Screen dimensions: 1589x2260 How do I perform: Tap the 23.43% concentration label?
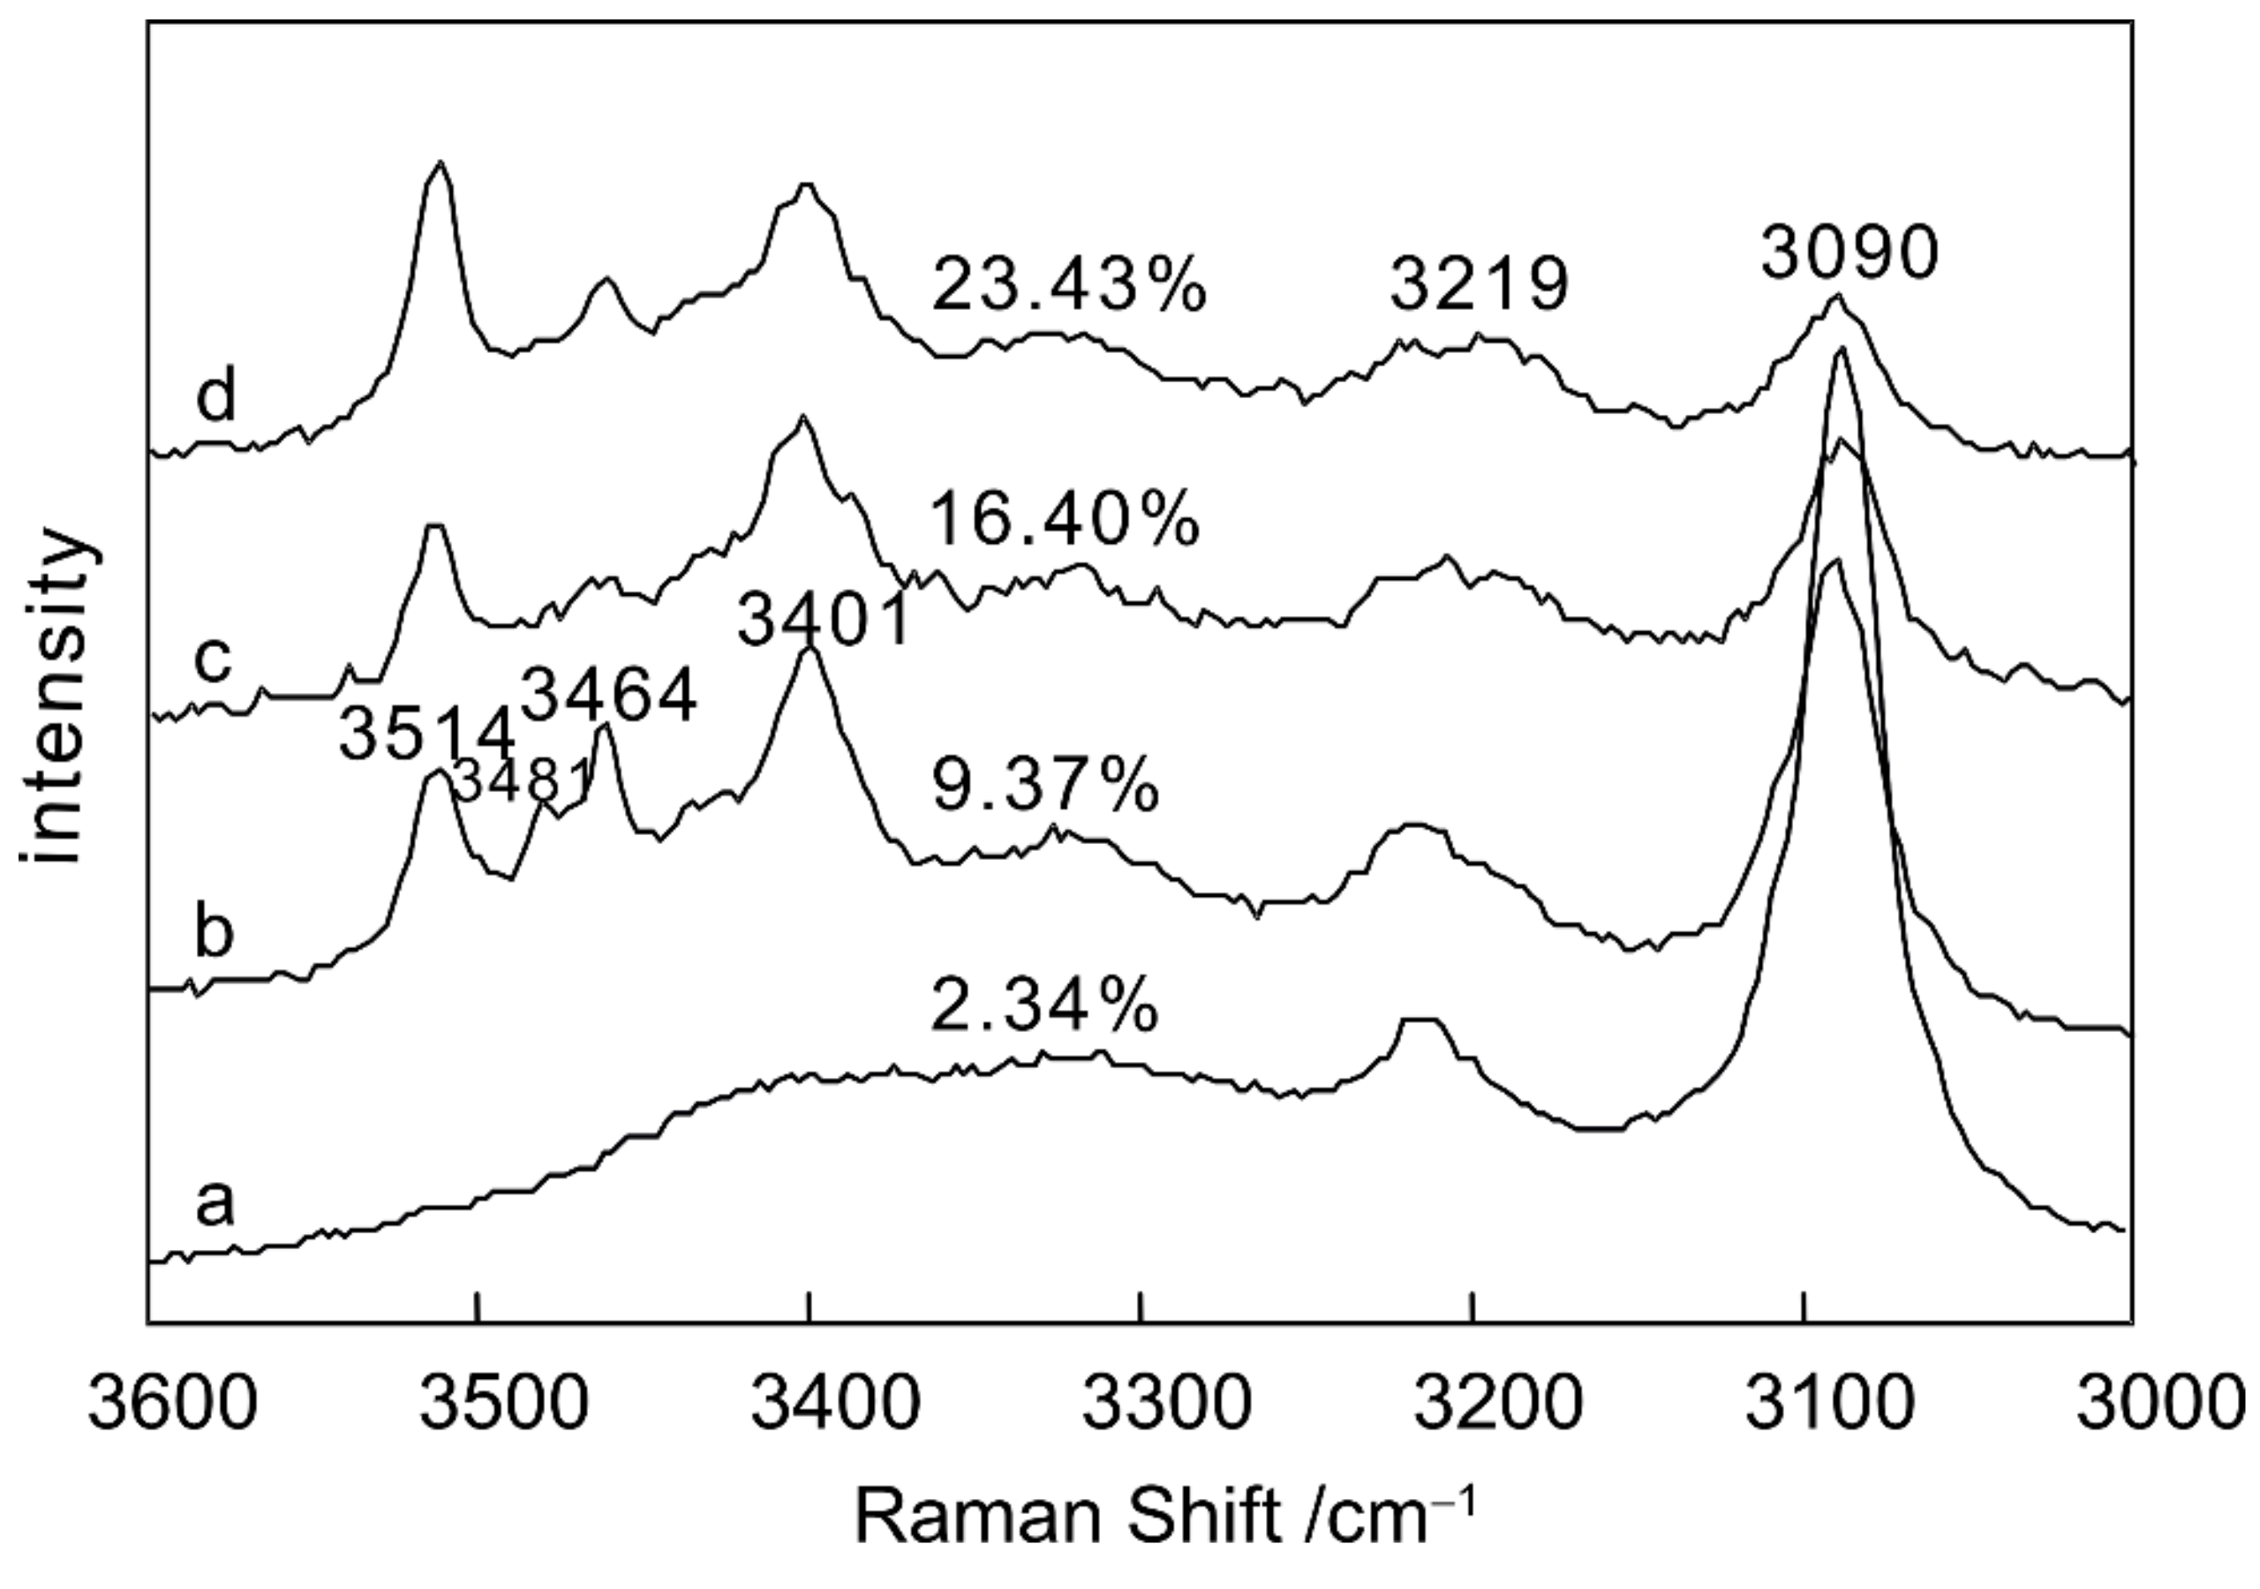pyautogui.click(x=1069, y=285)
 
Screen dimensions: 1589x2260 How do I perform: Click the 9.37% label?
pyautogui.click(x=1045, y=787)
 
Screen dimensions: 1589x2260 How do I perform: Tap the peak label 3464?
pyautogui.click(x=608, y=694)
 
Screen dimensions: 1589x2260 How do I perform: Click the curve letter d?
pyautogui.click(x=215, y=396)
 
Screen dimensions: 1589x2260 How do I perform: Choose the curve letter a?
pyautogui.click(x=215, y=1203)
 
